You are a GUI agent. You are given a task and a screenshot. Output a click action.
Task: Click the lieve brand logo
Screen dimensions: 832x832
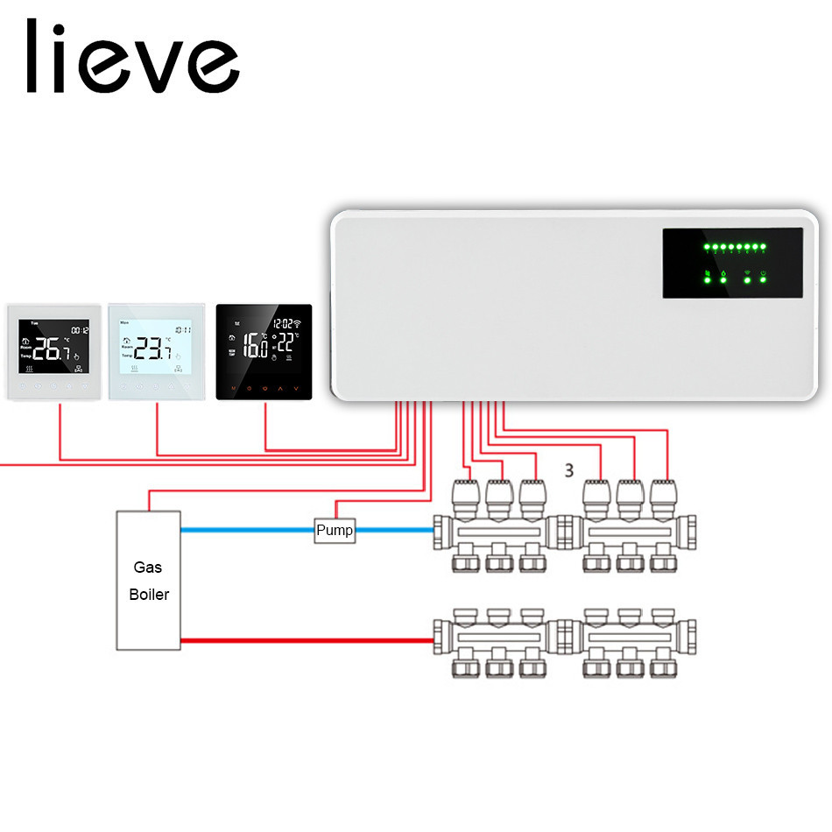click(x=132, y=56)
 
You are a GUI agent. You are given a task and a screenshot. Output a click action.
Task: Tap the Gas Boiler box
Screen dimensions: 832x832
click(x=149, y=580)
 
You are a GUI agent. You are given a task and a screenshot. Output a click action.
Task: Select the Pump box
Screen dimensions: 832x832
click(x=335, y=530)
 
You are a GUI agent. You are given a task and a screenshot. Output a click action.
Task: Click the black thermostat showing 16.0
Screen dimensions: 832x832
click(x=264, y=351)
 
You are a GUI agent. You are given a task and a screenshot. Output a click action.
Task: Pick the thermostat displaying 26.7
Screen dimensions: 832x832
click(x=55, y=351)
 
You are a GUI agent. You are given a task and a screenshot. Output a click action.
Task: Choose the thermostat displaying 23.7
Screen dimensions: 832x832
click(x=157, y=351)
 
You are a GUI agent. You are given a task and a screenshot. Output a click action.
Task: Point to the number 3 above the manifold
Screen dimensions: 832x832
click(x=569, y=470)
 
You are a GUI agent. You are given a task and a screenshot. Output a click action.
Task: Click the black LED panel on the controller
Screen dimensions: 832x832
click(x=732, y=263)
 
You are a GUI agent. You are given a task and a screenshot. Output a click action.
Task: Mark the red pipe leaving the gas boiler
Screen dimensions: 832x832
click(x=307, y=640)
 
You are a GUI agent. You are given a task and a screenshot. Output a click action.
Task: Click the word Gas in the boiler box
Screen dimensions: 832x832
click(x=148, y=567)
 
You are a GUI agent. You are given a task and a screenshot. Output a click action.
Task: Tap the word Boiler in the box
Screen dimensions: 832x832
click(x=149, y=594)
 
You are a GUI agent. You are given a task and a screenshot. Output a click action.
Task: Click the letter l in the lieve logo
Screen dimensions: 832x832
click(x=32, y=56)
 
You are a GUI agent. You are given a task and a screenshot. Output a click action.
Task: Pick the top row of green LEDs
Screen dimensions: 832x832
click(x=735, y=248)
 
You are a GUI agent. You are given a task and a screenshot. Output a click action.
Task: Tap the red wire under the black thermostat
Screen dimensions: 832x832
click(x=265, y=429)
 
